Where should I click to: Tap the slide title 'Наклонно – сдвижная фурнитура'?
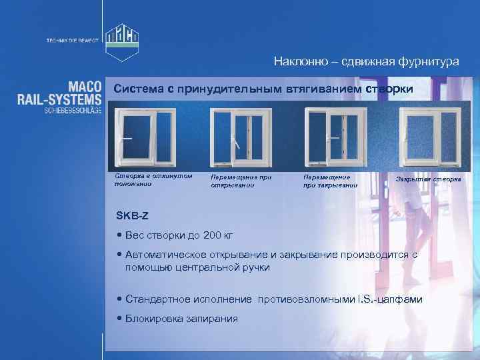pyautogui.click(x=366, y=61)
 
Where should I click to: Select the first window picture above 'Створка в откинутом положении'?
pyautogui.click(x=137, y=136)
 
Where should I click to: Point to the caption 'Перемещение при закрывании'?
pyautogui.click(x=329, y=181)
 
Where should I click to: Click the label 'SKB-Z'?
pyautogui.click(x=131, y=215)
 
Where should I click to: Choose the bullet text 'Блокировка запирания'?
pyautogui.click(x=181, y=318)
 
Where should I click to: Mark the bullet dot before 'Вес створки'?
pyautogui.click(x=119, y=234)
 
